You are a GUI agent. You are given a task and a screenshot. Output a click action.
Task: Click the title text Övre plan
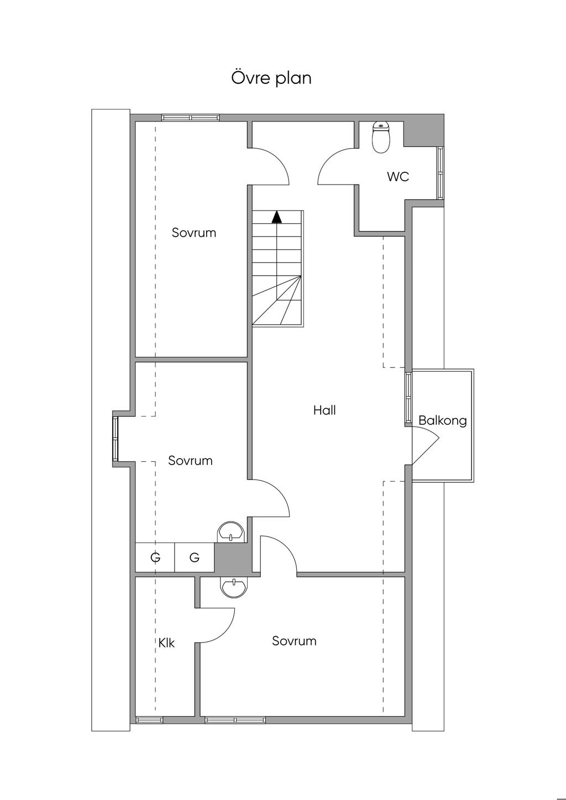point(271,78)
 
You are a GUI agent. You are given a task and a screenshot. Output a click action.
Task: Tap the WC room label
point(398,177)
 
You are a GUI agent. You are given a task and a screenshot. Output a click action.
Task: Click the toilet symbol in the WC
point(381,137)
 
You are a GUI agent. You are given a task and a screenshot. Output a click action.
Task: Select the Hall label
point(324,410)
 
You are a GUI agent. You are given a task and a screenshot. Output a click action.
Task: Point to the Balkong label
point(442,420)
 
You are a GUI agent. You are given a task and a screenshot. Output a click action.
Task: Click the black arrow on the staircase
point(277,217)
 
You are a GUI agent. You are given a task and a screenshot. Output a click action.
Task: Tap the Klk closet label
point(166,643)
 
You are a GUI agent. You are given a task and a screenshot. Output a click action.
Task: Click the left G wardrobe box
point(155,557)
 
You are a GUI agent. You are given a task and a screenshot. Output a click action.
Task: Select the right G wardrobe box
point(194,557)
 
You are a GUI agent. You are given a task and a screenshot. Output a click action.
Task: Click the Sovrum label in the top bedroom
point(193,233)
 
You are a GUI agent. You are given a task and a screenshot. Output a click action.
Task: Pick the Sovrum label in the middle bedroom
point(190,461)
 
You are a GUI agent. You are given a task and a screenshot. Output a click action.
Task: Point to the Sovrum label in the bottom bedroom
point(294,641)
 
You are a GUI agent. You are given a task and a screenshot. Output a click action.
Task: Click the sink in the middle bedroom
point(230,533)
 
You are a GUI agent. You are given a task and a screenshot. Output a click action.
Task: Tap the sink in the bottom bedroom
point(234,587)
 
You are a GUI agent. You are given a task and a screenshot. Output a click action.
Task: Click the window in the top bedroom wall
point(190,117)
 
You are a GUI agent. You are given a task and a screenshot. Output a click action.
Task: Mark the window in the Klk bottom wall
point(150,720)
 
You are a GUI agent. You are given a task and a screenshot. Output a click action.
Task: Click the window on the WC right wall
point(441,173)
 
